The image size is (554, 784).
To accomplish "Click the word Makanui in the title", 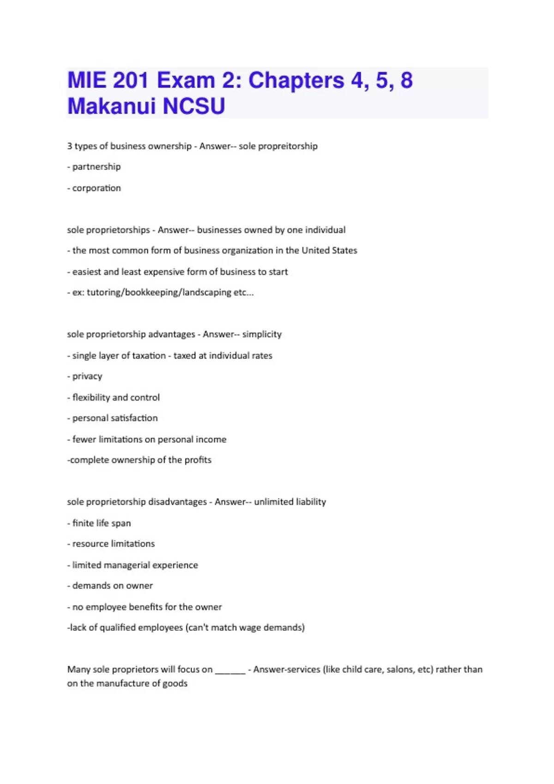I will click(112, 106).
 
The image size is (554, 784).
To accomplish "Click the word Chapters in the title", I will click(296, 80).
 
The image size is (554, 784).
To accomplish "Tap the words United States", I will click(329, 250).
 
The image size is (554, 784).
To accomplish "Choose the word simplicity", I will click(262, 334).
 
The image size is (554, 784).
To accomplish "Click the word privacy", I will click(87, 376).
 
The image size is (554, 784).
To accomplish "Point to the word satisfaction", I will click(137, 418).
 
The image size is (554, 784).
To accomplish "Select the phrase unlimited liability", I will click(290, 502).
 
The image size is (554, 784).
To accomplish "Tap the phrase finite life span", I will click(102, 523).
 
